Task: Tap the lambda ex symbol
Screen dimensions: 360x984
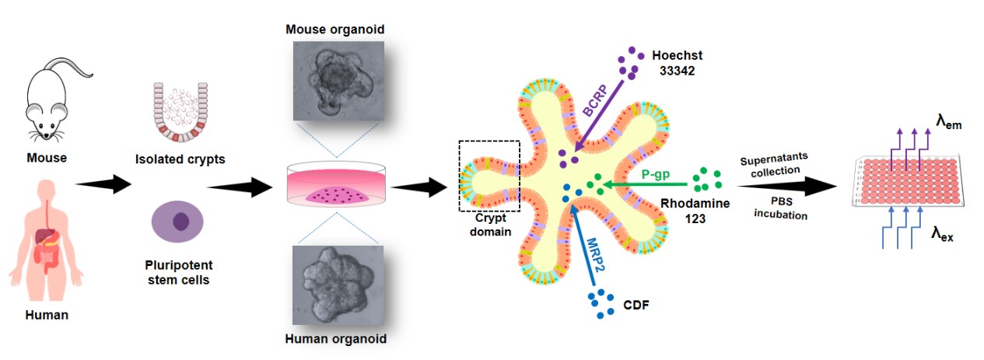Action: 942,234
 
